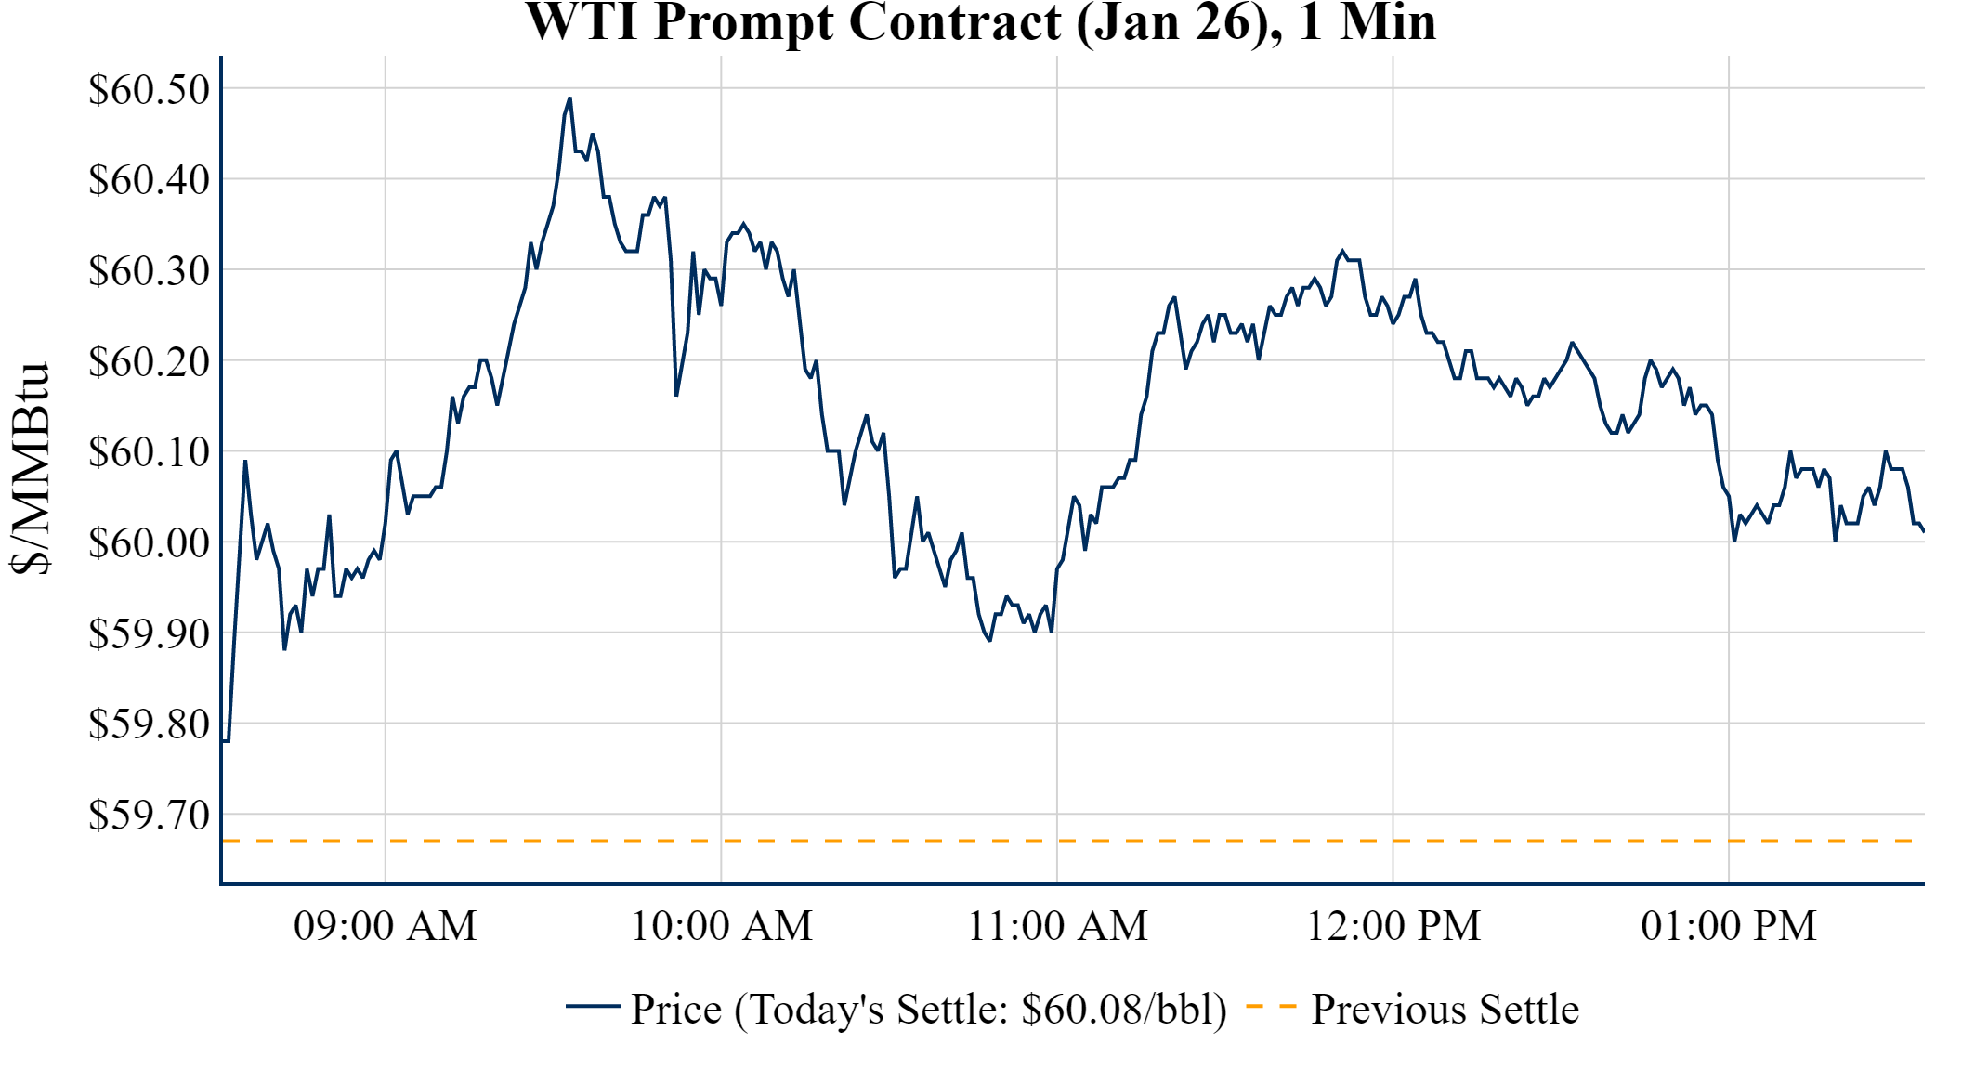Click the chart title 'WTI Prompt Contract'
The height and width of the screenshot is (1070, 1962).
[x=980, y=22]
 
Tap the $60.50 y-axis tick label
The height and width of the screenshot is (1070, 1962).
[x=150, y=90]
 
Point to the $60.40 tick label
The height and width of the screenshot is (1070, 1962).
[x=150, y=180]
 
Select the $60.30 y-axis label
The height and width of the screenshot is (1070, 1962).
[x=150, y=271]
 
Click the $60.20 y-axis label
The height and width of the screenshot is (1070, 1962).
[x=150, y=361]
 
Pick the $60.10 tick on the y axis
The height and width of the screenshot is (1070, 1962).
[x=150, y=452]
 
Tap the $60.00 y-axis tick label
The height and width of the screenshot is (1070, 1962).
[x=150, y=542]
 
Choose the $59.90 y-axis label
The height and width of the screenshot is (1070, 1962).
[x=150, y=633]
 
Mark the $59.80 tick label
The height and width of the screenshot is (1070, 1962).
[x=150, y=724]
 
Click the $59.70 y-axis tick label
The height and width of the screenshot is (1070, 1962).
[x=150, y=815]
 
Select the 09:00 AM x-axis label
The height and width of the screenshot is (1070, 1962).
[x=386, y=926]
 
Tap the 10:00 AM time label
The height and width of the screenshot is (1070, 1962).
[x=722, y=926]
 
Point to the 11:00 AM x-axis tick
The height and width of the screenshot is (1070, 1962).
[x=1058, y=926]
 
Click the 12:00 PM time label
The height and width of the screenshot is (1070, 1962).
[x=1393, y=926]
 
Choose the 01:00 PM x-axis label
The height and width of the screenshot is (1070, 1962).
[x=1729, y=926]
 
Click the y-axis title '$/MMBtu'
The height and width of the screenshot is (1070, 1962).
[x=32, y=469]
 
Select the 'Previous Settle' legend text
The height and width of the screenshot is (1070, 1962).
[x=1445, y=1010]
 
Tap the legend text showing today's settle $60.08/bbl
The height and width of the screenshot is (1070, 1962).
[x=929, y=1010]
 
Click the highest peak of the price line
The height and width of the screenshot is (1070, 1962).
[x=569, y=98]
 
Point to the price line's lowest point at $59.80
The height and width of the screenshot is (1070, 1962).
[x=226, y=740]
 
